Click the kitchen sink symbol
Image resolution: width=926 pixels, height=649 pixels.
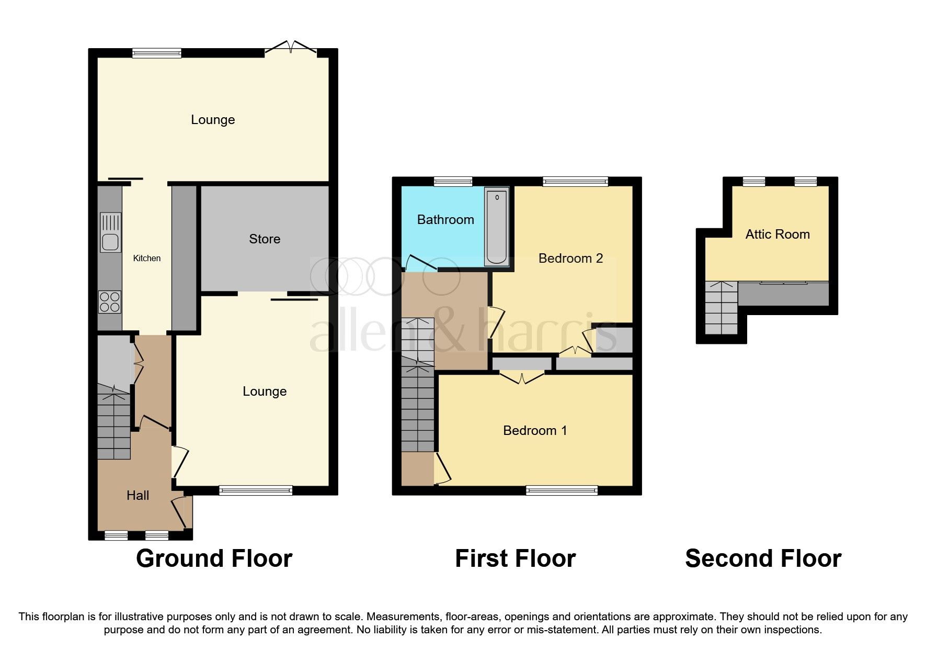[x=110, y=232]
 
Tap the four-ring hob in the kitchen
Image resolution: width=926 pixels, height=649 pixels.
[x=110, y=302]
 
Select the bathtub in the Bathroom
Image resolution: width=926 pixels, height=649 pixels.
[x=497, y=227]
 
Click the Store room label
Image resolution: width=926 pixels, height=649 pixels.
[x=265, y=239]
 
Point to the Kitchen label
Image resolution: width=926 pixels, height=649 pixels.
[x=147, y=258]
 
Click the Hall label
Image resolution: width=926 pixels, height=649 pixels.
[x=138, y=495]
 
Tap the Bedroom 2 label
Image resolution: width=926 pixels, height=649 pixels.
[x=570, y=258]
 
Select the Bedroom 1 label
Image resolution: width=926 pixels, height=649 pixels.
[x=535, y=430]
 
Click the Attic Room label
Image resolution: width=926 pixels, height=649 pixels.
[x=778, y=234]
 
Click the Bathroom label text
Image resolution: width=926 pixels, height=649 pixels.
[x=445, y=219]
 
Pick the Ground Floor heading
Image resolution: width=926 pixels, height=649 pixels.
[x=214, y=558]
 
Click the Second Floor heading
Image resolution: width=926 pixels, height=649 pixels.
[x=763, y=558]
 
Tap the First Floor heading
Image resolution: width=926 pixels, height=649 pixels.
[x=515, y=558]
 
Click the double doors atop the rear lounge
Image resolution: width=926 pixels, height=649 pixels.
[x=291, y=48]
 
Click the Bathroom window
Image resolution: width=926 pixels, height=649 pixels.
[x=453, y=182]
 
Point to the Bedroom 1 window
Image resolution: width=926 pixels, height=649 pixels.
[x=562, y=490]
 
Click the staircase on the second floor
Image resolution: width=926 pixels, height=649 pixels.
[x=722, y=308]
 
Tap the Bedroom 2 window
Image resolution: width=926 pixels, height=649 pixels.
[x=575, y=182]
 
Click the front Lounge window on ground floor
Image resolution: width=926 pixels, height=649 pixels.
[x=256, y=490]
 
